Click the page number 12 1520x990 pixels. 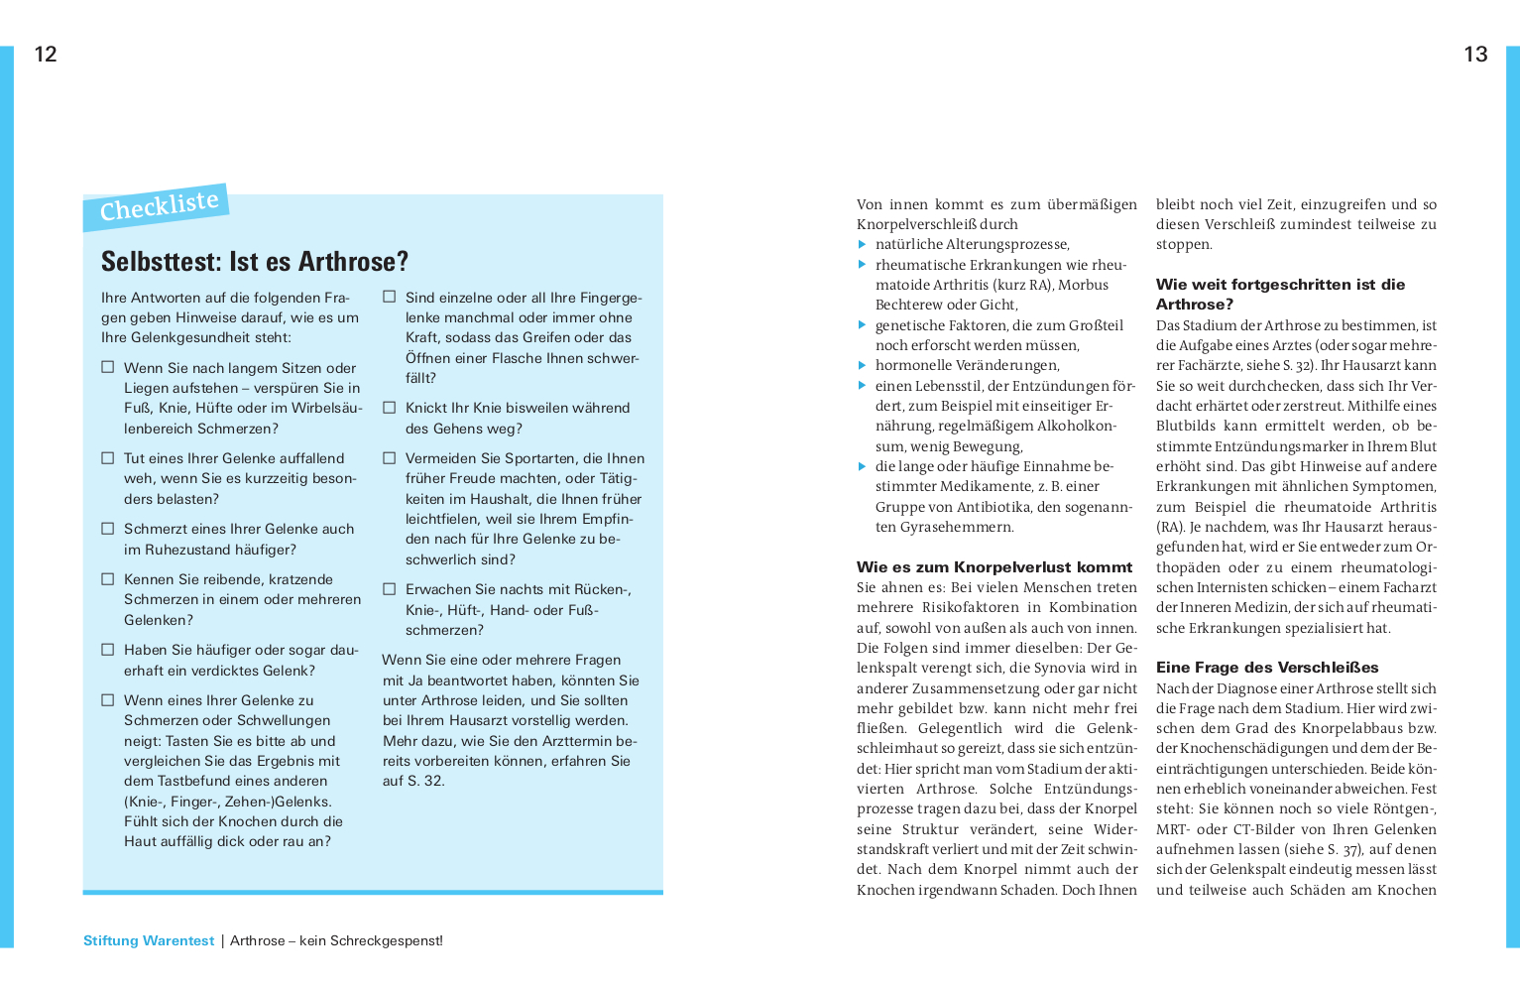pos(46,55)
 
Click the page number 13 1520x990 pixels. pos(1475,55)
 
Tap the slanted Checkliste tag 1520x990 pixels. pos(159,206)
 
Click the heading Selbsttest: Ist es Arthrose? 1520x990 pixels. pos(255,262)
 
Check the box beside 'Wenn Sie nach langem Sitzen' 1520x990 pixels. pos(108,367)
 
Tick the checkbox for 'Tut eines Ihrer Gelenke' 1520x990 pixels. pos(108,458)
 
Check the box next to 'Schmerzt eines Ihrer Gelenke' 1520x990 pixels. pos(108,529)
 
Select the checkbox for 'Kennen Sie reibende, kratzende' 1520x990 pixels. pos(108,579)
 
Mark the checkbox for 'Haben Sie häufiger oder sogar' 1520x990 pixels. pos(108,650)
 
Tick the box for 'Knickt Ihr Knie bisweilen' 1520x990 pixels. pos(390,408)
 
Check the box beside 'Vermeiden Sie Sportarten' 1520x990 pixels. pos(390,458)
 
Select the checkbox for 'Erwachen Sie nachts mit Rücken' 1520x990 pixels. pos(390,589)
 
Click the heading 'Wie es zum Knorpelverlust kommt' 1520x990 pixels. pos(994,567)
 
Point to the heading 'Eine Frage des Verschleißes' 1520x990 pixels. pos(1267,668)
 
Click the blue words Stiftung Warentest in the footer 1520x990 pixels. pos(149,941)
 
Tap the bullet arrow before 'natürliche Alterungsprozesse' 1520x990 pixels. pos(863,245)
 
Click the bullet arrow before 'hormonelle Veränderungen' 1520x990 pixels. pos(863,366)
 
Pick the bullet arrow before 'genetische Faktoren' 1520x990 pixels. pos(863,325)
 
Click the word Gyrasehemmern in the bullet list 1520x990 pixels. pos(957,528)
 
